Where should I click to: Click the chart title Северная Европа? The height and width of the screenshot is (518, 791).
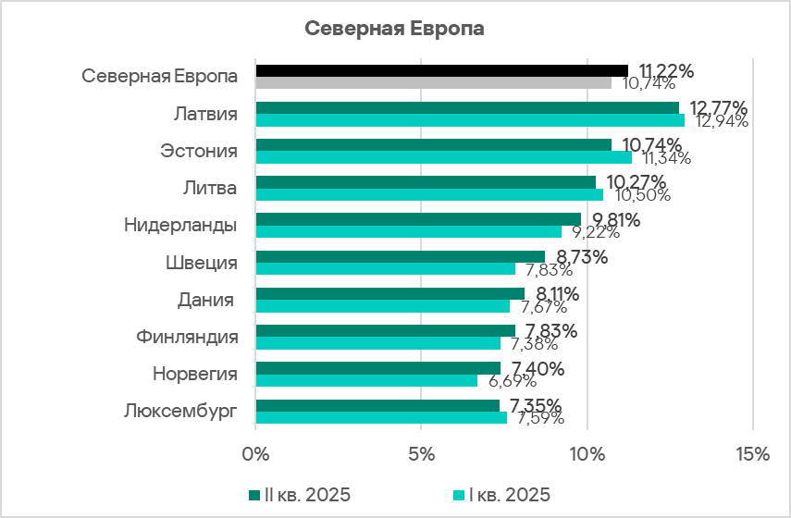tap(395, 28)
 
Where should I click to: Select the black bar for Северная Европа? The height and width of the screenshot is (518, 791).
tap(441, 70)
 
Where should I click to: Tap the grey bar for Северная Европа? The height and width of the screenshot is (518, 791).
tap(433, 82)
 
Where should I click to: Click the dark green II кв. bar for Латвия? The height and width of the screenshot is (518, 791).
tap(467, 107)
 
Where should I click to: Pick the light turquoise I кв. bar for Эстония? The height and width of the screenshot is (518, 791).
tap(443, 157)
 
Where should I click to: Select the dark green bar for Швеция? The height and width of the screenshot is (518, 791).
tap(400, 256)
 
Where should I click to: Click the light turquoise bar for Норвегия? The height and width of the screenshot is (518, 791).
tap(366, 380)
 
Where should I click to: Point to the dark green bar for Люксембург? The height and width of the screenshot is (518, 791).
tap(377, 405)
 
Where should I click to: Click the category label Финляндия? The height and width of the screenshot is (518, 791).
tap(185, 337)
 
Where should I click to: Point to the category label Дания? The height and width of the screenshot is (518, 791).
tap(206, 300)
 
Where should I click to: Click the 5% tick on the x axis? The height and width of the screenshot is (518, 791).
tap(421, 455)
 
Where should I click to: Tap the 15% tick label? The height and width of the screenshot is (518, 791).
tap(752, 455)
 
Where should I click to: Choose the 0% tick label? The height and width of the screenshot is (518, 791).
tap(255, 455)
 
